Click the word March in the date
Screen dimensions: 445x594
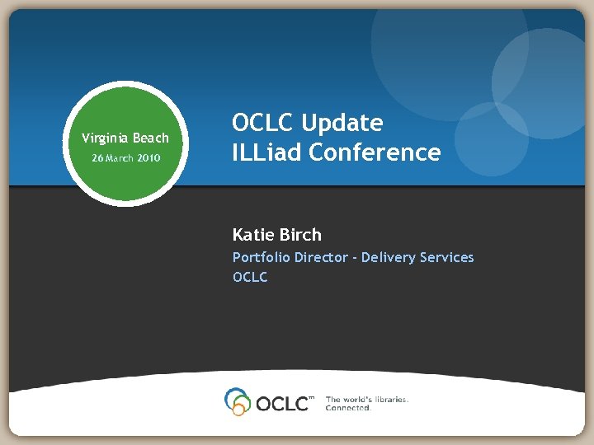[119, 157]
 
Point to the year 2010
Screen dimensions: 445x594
[148, 157]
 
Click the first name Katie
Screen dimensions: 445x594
[255, 235]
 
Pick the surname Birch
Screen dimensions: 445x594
[302, 235]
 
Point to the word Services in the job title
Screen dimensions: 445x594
[447, 258]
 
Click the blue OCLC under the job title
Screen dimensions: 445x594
[250, 278]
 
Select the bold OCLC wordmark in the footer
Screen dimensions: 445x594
[283, 403]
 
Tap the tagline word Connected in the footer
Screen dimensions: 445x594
[348, 408]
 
